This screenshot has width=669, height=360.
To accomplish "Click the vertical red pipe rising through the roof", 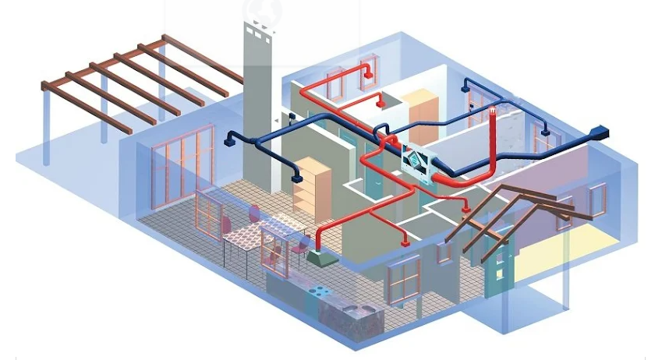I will point(494,144).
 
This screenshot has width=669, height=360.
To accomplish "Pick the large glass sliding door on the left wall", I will point(182,168).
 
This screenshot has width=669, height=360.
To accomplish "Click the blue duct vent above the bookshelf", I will point(297,178).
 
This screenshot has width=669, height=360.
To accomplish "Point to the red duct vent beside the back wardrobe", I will point(381,102).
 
